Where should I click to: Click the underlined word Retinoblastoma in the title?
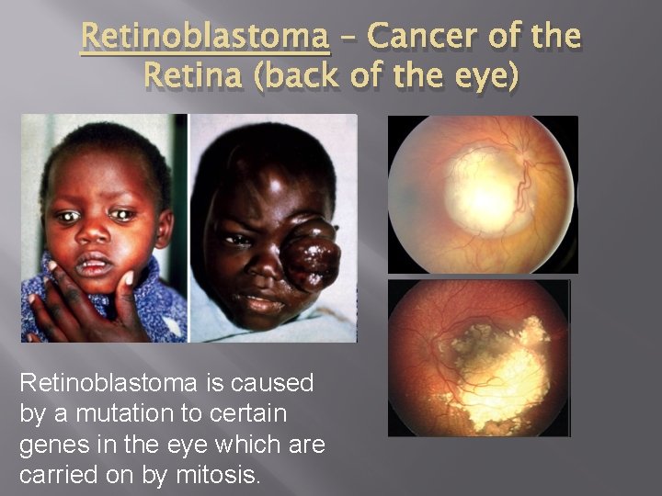click(204, 37)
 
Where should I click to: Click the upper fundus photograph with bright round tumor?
click(483, 194)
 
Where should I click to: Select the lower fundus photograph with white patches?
click(479, 357)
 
